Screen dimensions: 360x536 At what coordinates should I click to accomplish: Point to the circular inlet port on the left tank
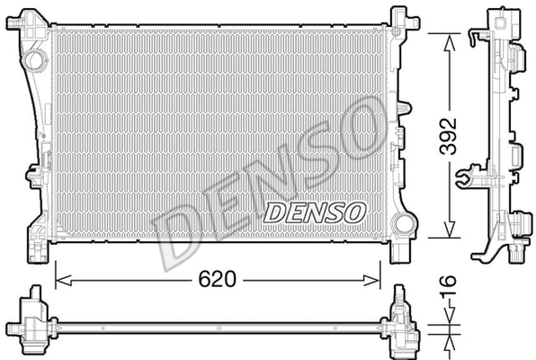(x=35, y=62)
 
